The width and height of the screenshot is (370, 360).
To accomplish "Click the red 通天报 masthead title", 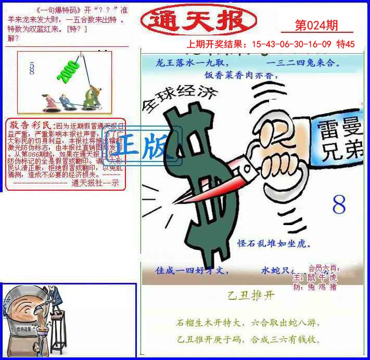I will coord(192,20).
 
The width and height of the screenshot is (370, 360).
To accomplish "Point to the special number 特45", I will coord(346,44).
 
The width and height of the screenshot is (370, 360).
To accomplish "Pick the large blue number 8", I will coord(339,206).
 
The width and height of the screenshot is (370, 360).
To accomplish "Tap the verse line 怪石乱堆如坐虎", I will coord(274,243).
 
